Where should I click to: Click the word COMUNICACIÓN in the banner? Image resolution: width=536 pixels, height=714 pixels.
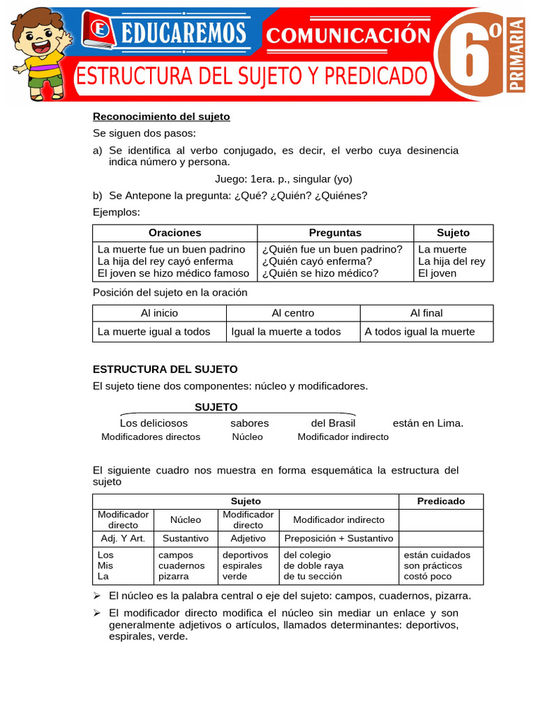click(347, 35)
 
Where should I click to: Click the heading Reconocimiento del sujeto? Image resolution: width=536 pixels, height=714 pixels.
click(161, 116)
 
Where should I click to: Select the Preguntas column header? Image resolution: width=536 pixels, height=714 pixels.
click(335, 233)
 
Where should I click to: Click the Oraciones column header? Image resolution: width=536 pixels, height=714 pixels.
click(174, 233)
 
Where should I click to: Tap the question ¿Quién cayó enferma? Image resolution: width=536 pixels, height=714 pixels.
click(318, 261)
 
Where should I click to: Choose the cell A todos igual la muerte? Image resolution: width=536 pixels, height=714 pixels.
click(419, 332)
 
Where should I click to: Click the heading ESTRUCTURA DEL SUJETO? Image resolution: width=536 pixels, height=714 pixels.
click(165, 369)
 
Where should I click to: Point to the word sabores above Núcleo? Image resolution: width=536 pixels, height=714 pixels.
click(249, 423)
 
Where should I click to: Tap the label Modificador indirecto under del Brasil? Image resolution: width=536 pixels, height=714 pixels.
click(343, 437)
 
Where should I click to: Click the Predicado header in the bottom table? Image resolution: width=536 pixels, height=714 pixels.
click(440, 501)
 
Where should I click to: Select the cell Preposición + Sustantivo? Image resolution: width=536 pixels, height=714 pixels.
click(338, 538)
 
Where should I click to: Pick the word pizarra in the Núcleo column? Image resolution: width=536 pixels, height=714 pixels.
click(174, 577)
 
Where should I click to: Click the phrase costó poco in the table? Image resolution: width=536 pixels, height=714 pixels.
click(427, 577)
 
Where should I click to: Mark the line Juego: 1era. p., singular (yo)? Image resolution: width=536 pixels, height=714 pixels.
click(274, 178)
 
